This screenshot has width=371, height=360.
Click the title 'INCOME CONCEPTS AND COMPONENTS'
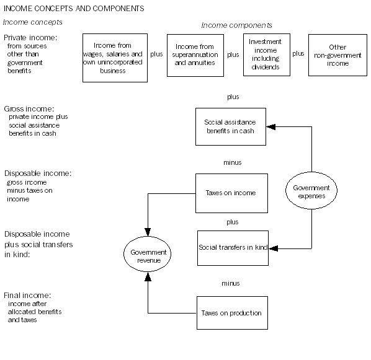(74, 9)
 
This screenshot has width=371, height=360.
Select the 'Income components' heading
(236, 25)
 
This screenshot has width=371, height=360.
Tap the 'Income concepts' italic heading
(33, 22)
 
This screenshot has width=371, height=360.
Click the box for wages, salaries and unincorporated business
(115, 58)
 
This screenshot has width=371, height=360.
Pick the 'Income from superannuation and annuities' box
(195, 55)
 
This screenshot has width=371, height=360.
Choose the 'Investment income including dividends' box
(267, 54)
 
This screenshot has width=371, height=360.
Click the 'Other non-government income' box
(337, 55)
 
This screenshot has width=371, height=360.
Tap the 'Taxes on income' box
(231, 193)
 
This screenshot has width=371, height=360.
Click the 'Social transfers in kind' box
(233, 248)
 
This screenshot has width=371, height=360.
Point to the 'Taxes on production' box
(231, 313)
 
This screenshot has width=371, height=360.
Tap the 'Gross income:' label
(26, 108)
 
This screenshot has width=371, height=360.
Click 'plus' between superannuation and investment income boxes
(233, 55)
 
